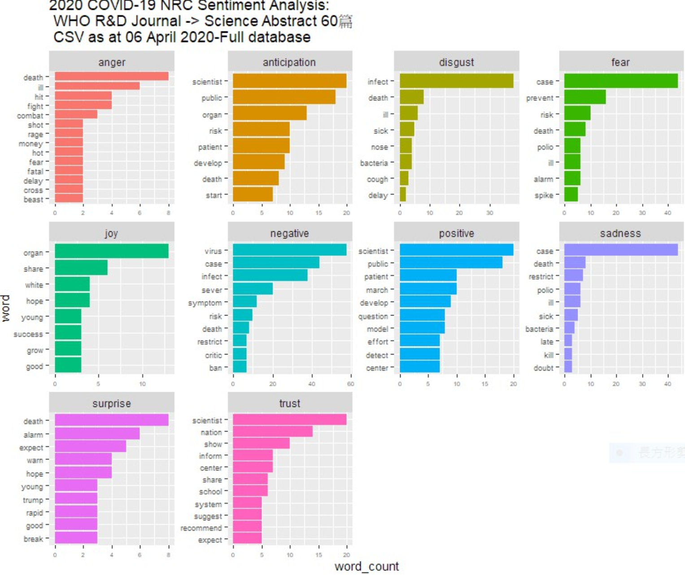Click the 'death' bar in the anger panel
pyautogui.click(x=111, y=77)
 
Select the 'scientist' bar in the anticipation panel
pyautogui.click(x=289, y=81)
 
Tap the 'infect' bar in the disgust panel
pyautogui.click(x=456, y=81)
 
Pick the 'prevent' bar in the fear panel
pyautogui.click(x=585, y=97)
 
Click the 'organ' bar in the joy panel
pyautogui.click(x=111, y=251)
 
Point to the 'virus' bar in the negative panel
pyautogui.click(x=289, y=250)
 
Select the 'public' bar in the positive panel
pyautogui.click(x=451, y=263)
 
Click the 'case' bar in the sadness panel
pyautogui.click(x=620, y=250)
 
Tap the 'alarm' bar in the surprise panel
pyautogui.click(x=97, y=434)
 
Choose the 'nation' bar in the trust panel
pyautogui.click(x=272, y=432)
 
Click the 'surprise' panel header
pyautogui.click(x=111, y=403)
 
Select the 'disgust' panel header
pyautogui.click(x=456, y=62)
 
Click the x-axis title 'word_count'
pyautogui.click(x=366, y=566)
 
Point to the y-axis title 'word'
pyautogui.click(x=5, y=308)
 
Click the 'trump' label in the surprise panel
pyautogui.click(x=33, y=500)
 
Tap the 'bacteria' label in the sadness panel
pyautogui.click(x=539, y=329)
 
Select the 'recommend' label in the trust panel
pyautogui.click(x=201, y=528)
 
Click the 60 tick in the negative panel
pyautogui.click(x=350, y=384)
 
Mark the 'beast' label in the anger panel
pyautogui.click(x=34, y=199)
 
